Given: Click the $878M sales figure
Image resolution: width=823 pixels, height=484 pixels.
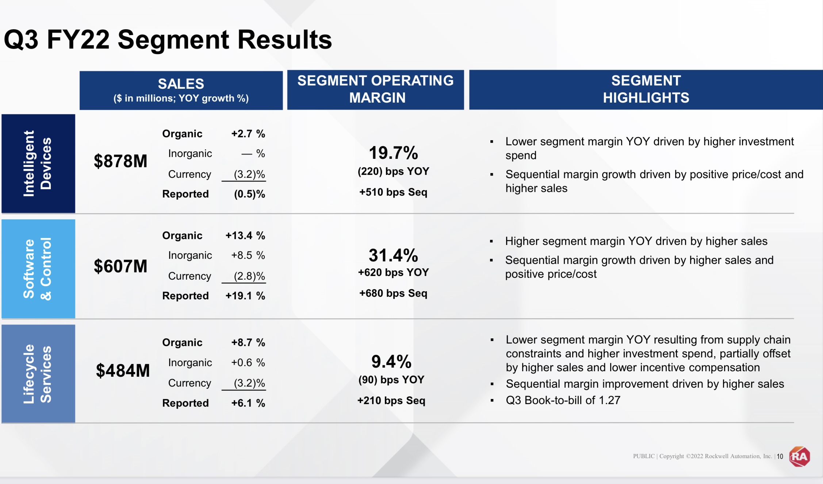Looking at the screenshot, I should coord(120,161).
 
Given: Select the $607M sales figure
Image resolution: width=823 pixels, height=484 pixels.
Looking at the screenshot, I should coord(120,266).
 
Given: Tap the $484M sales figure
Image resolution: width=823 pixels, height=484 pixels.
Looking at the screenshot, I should coord(123,370).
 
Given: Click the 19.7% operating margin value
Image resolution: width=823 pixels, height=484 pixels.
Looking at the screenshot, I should coord(393,153).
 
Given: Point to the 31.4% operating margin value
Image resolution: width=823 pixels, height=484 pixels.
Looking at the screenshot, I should coord(393,255).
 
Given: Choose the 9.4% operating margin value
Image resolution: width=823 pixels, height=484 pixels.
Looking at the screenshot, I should coord(391,361).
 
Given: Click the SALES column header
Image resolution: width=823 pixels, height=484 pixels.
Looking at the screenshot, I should coord(181,90).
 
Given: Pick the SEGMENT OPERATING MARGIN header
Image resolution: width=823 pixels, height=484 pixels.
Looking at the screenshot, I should coord(375,89).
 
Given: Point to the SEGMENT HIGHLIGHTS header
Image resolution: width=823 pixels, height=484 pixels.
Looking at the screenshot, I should coord(646,89).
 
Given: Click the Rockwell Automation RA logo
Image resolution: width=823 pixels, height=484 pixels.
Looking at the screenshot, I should coord(799,456).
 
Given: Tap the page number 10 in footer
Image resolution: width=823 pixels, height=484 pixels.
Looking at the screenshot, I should coord(780,456).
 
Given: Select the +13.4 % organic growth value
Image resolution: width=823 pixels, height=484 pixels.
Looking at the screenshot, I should coord(245,235).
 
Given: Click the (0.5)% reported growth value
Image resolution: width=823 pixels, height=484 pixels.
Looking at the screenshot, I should coord(249,194).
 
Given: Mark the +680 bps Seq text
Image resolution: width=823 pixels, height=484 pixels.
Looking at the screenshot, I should coord(393,293).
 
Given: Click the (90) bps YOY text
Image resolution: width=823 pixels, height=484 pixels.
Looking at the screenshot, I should coord(391,380).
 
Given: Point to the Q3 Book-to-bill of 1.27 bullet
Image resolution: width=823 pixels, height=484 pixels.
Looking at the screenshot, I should coord(563,400).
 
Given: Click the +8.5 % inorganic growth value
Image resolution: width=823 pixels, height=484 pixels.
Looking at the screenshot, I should coord(248,255).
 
